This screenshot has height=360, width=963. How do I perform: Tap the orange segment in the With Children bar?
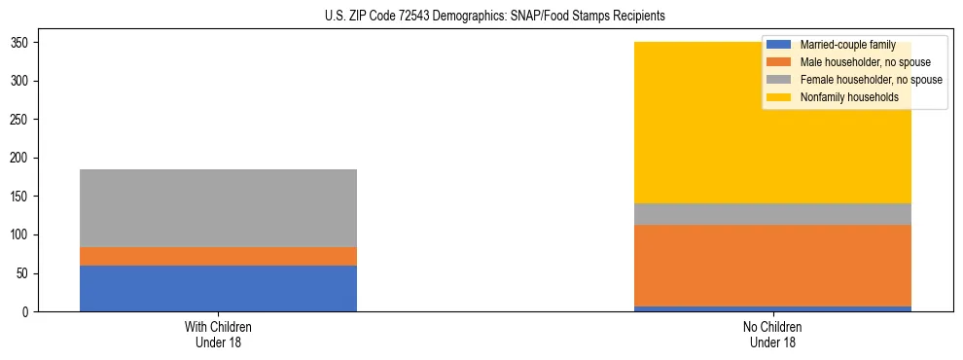[x=218, y=256]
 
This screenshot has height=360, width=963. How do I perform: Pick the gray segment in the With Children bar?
[x=218, y=208]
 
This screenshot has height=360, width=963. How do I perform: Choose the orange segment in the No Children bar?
[x=772, y=266]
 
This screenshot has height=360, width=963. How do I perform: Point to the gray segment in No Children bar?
[x=772, y=214]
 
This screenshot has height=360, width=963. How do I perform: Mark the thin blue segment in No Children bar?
[x=772, y=308]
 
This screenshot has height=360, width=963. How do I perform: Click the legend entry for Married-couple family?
[x=846, y=45]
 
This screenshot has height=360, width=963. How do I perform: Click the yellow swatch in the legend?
[x=780, y=97]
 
